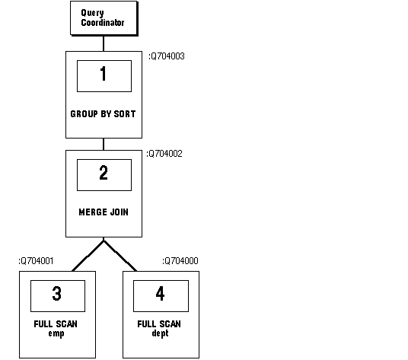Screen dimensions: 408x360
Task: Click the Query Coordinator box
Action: (104, 18)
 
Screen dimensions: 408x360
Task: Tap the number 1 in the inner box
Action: (104, 73)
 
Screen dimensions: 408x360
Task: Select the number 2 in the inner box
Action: (104, 172)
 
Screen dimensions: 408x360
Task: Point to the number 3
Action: (57, 294)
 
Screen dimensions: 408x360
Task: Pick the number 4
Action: (160, 294)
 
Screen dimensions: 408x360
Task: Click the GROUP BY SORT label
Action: (103, 114)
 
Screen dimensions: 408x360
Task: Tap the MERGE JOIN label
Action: (104, 212)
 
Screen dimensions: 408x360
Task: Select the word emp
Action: (56, 333)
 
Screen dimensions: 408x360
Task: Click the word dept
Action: (160, 333)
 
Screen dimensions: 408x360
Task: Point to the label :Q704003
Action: (167, 56)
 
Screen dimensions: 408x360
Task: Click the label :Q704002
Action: (164, 154)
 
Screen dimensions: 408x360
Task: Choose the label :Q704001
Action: (36, 261)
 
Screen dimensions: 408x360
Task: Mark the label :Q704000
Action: (180, 261)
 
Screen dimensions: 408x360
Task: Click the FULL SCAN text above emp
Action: (56, 324)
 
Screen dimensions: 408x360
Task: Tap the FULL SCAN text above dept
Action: (159, 324)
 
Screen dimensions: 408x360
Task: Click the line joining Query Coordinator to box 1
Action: (104, 43)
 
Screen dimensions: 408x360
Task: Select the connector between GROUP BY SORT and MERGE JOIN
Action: (104, 144)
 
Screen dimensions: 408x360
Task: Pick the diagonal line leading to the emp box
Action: (88, 256)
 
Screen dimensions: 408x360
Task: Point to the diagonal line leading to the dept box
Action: (120, 256)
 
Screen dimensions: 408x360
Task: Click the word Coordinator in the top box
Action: (103, 23)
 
